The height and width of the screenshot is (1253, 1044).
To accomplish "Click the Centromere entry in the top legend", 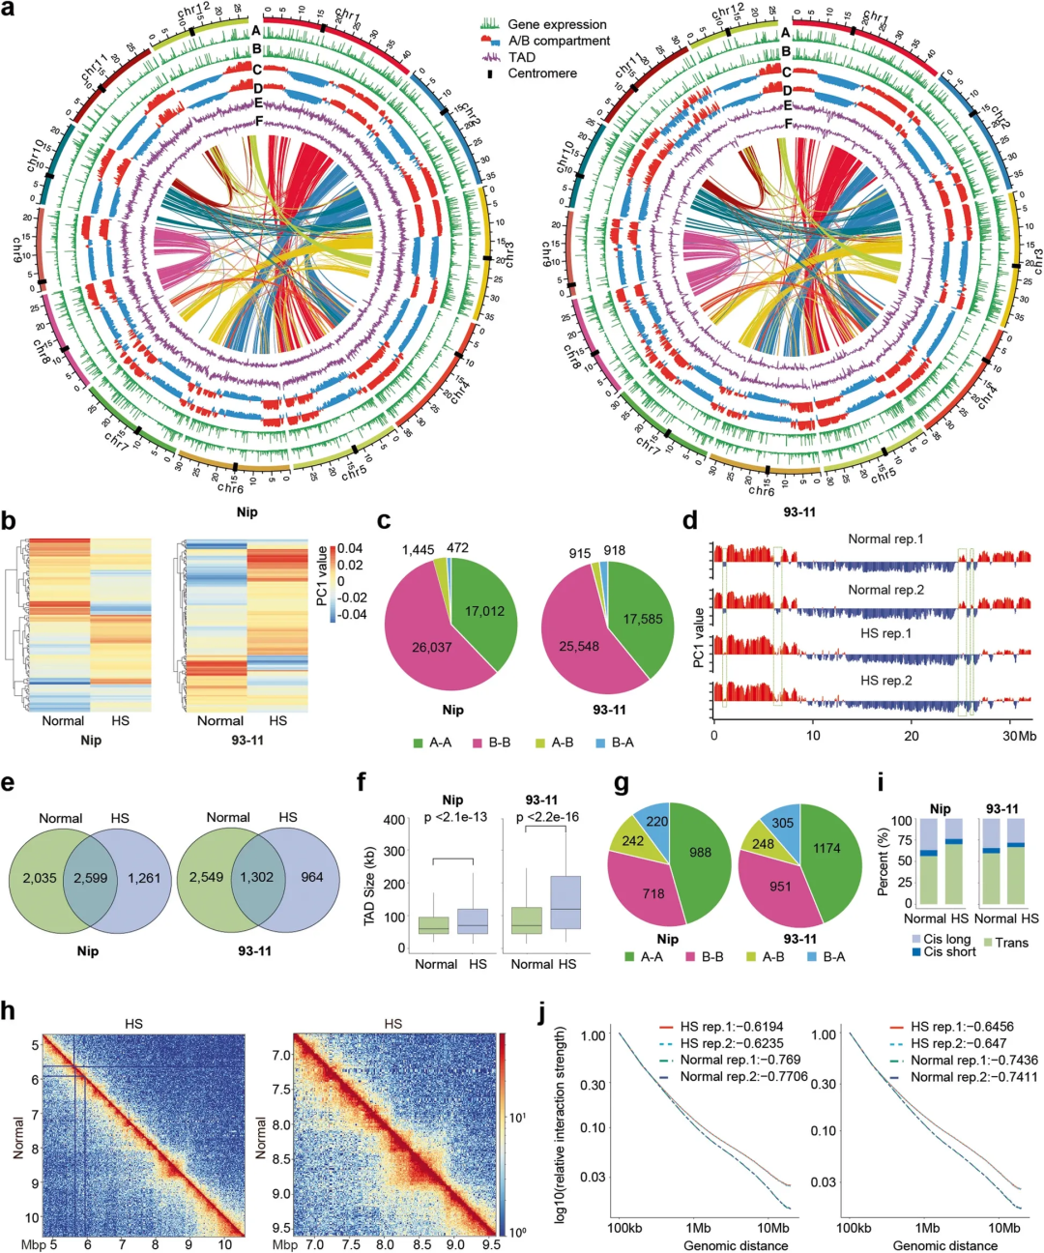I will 542,73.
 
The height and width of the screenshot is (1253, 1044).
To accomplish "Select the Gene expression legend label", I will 557,24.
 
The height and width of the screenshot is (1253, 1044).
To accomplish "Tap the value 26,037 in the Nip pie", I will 432,647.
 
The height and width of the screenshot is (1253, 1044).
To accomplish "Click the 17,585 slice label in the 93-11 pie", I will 643,619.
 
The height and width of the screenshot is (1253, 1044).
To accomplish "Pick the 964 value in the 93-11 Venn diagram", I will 311,877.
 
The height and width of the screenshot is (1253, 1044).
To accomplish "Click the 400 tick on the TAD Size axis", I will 393,820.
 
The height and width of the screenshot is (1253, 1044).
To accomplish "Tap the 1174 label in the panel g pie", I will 826,849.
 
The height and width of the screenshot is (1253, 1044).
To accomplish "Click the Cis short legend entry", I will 949,952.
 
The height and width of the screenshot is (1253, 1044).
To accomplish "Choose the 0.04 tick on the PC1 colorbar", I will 351,549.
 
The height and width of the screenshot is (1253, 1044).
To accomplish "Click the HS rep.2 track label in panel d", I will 885,681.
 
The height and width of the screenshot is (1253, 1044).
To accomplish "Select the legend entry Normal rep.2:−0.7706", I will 743,1076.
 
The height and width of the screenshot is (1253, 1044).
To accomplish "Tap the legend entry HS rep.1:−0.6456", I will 962,1027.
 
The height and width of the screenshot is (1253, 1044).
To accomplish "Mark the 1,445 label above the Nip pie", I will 418,550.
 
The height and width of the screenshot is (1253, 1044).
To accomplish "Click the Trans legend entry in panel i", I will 1011,943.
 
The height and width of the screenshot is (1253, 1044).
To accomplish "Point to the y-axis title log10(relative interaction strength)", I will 561,1126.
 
